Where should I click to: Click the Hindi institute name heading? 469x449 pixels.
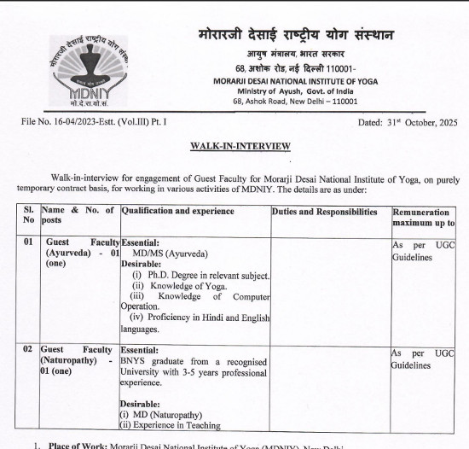[x=295, y=36]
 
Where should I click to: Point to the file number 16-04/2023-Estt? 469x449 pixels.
[x=93, y=122]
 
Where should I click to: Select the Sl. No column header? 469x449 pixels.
[x=28, y=217]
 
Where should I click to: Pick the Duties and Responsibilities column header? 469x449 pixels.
[x=324, y=211]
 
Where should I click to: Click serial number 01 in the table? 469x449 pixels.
[x=28, y=242]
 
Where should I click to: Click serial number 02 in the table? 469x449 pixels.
[x=28, y=349]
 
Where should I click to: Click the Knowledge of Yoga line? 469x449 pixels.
[x=182, y=286]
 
